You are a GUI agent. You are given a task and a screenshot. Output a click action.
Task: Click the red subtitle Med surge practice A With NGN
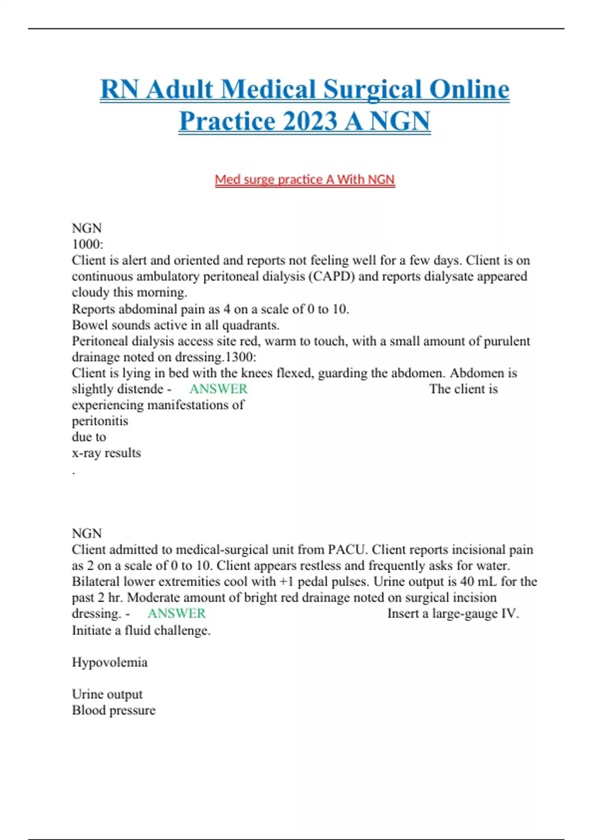point(304,179)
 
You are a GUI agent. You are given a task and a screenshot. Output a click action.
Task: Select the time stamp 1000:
point(87,244)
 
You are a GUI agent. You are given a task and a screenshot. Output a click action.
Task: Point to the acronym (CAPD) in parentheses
point(331,276)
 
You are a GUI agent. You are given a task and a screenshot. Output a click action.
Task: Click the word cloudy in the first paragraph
point(90,292)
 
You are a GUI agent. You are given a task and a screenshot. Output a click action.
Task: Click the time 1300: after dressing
point(241,357)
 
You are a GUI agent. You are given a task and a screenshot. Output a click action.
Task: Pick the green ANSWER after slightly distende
point(218,389)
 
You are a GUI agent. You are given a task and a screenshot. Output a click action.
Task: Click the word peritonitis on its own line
point(100,421)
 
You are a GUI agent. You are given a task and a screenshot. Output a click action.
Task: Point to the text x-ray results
point(106,453)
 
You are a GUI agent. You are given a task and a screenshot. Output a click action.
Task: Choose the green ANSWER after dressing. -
point(176,613)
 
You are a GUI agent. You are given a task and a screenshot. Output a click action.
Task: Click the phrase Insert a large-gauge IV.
point(453,613)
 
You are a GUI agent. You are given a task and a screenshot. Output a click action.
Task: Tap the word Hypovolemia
point(110,662)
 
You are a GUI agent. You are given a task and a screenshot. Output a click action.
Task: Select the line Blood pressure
point(114,710)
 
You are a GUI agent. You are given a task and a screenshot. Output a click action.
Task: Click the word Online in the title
point(469,90)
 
